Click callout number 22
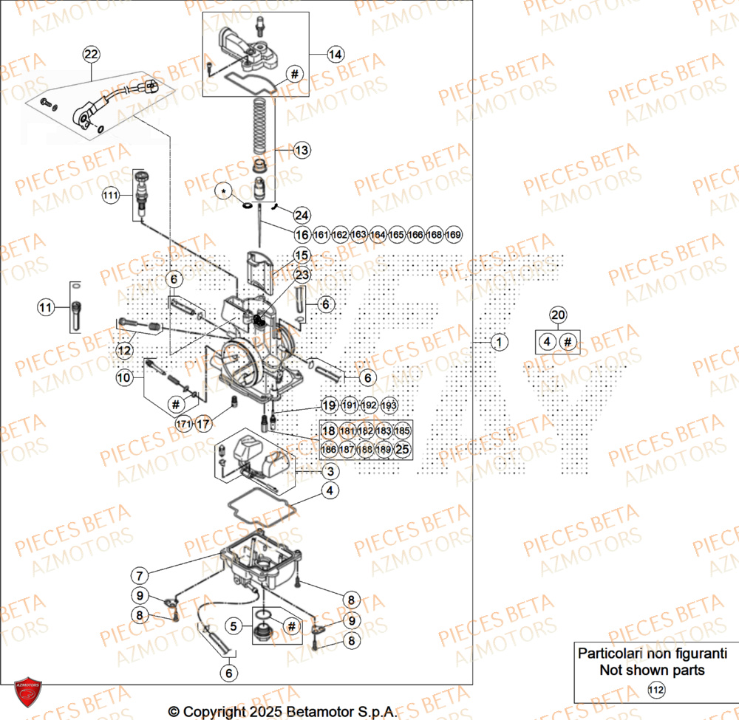coord(90,54)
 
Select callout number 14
coord(336,54)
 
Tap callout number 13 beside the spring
coord(302,151)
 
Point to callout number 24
coord(302,215)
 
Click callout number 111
coord(110,196)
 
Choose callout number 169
coord(454,235)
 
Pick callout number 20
coord(559,315)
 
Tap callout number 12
coord(123,349)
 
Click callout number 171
coord(183,424)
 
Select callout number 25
coord(402,449)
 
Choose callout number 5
coord(234,627)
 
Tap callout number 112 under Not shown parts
coord(656,690)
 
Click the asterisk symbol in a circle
coord(224,192)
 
